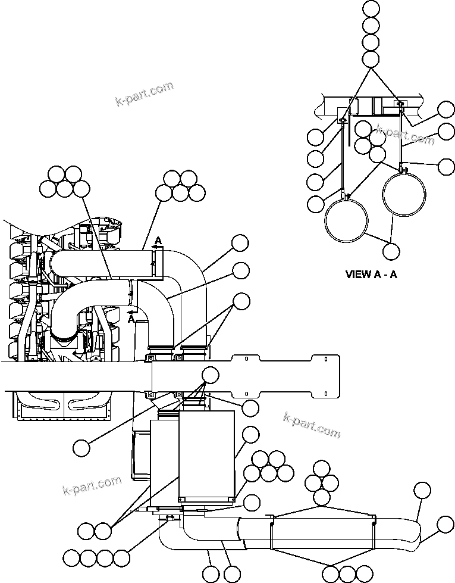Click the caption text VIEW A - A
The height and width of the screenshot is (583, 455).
[x=371, y=275]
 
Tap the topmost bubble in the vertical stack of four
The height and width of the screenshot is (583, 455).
[x=371, y=8]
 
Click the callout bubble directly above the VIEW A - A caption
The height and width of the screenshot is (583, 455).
[x=391, y=251]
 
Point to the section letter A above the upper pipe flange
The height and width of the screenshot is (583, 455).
[x=158, y=240]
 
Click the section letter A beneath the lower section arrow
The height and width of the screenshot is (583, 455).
[x=131, y=319]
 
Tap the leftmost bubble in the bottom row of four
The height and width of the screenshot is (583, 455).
[x=72, y=558]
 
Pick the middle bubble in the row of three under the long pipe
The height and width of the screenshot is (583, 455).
[x=347, y=573]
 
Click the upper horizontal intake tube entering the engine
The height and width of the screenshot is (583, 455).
[x=101, y=261]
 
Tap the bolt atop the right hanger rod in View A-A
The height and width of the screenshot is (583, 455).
[x=401, y=105]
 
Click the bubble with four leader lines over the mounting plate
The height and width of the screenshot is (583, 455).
[x=210, y=375]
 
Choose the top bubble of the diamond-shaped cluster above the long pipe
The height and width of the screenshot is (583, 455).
[x=321, y=468]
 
